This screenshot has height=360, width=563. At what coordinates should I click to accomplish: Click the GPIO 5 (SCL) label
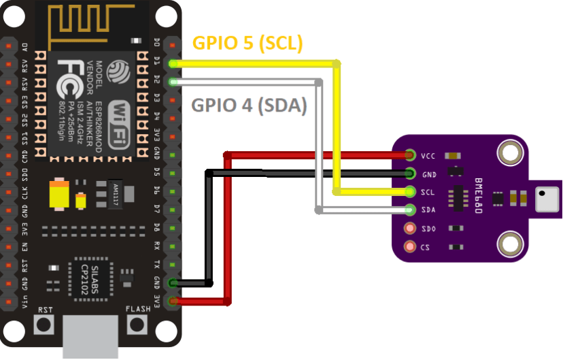click(248, 43)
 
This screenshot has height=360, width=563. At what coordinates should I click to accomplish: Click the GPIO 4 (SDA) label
click(249, 105)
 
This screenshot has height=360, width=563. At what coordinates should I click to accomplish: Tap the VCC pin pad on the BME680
click(410, 156)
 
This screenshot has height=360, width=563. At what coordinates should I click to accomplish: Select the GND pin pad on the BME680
click(410, 174)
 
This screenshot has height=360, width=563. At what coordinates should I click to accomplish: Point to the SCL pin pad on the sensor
click(410, 193)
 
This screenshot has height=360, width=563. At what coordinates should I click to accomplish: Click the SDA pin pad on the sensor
click(410, 210)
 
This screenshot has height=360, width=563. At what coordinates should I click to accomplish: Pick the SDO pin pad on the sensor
click(410, 229)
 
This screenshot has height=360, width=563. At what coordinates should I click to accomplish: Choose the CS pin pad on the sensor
click(410, 246)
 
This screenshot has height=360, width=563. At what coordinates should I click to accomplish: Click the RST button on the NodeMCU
click(45, 325)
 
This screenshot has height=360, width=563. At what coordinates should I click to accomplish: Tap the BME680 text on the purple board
click(478, 197)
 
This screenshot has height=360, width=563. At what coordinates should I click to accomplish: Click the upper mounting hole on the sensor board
click(509, 153)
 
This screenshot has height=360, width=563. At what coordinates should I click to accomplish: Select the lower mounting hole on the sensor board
click(509, 243)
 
